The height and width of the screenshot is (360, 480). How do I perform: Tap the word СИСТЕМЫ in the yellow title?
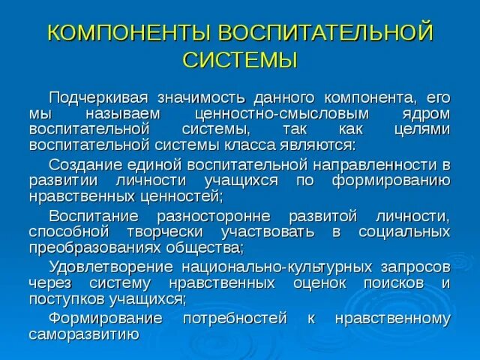[240, 59]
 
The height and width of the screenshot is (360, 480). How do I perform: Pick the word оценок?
[316, 283]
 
